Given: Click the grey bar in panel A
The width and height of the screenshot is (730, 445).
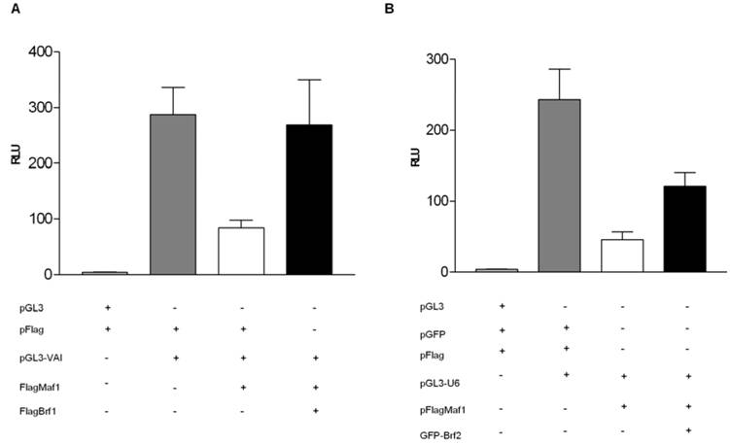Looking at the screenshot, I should [x=173, y=194].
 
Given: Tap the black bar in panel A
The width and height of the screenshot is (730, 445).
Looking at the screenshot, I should [x=309, y=199].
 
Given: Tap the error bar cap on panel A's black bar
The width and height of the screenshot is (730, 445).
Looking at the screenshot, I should [x=309, y=80].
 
